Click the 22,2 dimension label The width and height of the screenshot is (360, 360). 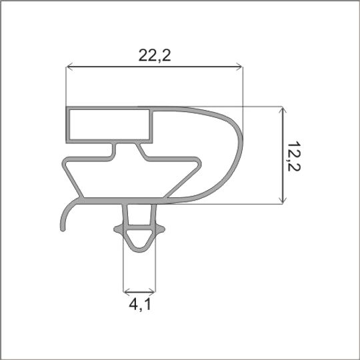[x=155, y=55]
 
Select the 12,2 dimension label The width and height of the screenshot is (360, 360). [x=294, y=157]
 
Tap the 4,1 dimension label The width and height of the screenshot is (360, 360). [x=140, y=305]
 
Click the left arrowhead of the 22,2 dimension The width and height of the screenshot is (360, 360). [x=69, y=67]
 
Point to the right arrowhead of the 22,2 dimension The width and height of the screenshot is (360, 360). [x=239, y=67]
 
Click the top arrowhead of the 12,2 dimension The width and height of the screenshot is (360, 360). [x=283, y=110]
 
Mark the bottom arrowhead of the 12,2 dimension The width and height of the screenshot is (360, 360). [x=283, y=200]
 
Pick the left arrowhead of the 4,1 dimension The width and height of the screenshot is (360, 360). [x=127, y=292]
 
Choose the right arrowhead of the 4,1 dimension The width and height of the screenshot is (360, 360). [x=152, y=292]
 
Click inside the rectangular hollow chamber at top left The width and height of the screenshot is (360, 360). [x=109, y=125]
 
